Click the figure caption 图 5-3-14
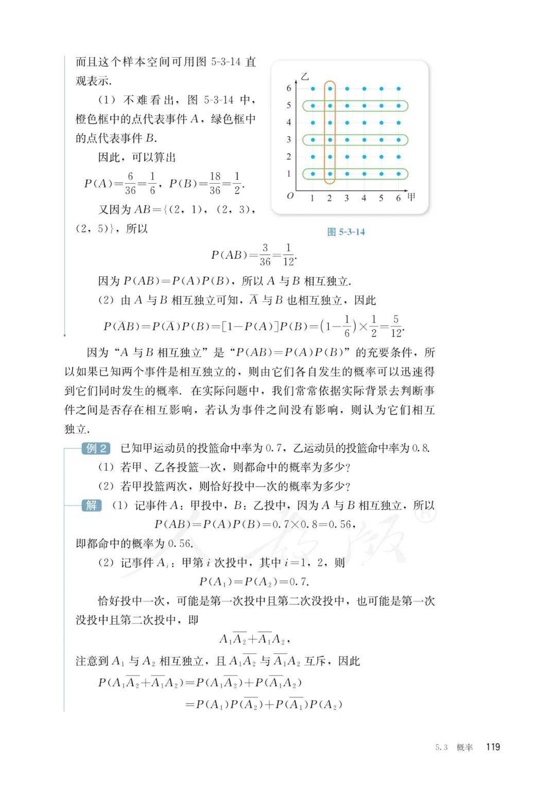[346, 232]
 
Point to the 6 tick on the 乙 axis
[289, 88]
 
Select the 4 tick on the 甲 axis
[364, 198]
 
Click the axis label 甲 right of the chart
[411, 197]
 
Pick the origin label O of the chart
[290, 196]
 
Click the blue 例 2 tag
[96, 448]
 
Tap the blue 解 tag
[92, 505]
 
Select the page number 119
[493, 747]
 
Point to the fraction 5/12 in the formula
[395, 326]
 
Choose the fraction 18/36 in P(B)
[215, 183]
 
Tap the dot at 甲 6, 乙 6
[399, 88]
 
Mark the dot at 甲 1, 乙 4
[312, 123]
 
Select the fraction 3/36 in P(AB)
[265, 255]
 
